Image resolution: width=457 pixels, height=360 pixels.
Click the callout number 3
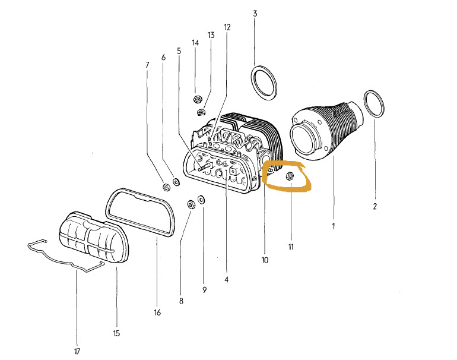click(x=255, y=14)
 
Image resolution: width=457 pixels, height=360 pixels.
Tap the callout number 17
click(x=77, y=351)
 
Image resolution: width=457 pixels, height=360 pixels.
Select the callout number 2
click(x=375, y=206)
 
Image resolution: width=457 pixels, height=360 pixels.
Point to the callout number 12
click(x=227, y=27)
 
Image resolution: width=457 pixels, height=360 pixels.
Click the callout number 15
click(x=116, y=333)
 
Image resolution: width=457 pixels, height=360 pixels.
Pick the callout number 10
click(x=265, y=260)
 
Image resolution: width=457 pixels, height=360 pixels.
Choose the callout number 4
click(x=227, y=279)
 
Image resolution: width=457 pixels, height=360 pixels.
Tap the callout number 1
click(x=334, y=226)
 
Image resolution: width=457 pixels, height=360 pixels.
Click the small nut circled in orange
click(x=290, y=176)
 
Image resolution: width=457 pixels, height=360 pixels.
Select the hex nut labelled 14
click(x=198, y=99)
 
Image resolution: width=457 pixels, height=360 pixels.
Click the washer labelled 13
click(x=201, y=112)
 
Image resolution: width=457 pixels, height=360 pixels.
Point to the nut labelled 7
click(x=166, y=188)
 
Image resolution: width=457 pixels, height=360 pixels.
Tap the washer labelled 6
click(x=177, y=182)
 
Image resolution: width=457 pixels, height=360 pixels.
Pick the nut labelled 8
click(x=191, y=204)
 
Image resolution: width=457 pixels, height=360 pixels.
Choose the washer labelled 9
click(x=201, y=200)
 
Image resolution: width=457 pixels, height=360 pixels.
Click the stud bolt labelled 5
click(x=204, y=167)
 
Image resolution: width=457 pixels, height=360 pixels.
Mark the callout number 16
click(x=157, y=312)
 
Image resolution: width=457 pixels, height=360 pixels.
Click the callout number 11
click(x=291, y=247)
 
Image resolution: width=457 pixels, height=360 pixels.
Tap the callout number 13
click(x=211, y=35)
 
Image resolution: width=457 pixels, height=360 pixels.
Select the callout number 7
click(x=147, y=65)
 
